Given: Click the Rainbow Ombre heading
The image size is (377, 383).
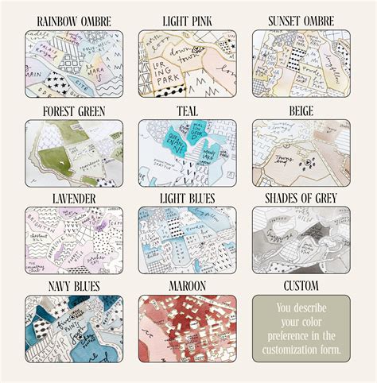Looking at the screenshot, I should [x=74, y=20].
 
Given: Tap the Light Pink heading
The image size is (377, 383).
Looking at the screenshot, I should [x=188, y=20].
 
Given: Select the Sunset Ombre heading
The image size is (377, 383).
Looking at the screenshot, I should [x=301, y=20].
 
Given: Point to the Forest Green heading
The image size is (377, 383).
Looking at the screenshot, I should [x=74, y=110].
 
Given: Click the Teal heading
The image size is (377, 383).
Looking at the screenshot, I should [x=188, y=110].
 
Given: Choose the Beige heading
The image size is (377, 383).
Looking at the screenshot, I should [x=301, y=110].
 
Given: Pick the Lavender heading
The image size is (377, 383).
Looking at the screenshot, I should [x=74, y=197].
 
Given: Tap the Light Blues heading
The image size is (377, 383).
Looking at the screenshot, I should [x=188, y=197].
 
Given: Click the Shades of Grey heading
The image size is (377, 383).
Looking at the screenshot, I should [x=301, y=197].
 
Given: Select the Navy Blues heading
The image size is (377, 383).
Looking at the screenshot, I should [x=74, y=284].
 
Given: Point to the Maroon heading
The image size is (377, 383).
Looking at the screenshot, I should [x=188, y=284].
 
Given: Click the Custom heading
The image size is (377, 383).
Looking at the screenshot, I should [x=301, y=284].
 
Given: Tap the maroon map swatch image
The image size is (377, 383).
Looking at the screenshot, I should [x=188, y=328].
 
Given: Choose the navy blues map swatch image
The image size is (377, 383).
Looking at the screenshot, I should [x=74, y=328].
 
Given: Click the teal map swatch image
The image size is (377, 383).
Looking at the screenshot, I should [x=188, y=153].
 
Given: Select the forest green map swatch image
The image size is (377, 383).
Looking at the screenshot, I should [x=74, y=153].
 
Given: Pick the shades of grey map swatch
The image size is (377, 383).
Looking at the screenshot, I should [x=301, y=241].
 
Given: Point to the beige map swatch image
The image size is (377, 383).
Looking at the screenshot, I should [x=301, y=153].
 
